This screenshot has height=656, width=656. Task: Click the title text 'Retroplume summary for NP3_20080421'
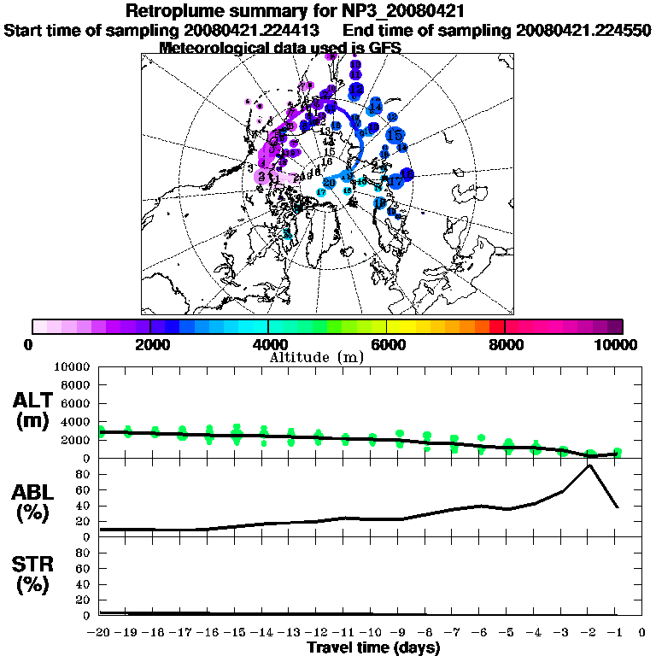tap(295, 11)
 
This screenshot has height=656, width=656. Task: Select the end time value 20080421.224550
tap(583, 30)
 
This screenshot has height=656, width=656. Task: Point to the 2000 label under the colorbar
tap(150, 344)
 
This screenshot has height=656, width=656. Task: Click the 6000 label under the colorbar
tap(387, 344)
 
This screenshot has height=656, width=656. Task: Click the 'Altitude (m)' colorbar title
tap(317, 356)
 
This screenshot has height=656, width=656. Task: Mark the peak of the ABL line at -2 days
tap(589, 465)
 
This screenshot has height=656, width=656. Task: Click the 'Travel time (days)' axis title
tap(374, 647)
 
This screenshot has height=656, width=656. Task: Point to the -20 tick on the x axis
tap(100, 633)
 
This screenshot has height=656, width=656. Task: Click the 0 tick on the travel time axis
tap(642, 633)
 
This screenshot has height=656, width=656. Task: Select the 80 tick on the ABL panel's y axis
tap(85, 474)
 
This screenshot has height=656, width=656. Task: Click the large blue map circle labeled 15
tap(395, 135)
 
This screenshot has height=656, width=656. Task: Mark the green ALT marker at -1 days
tap(616, 452)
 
